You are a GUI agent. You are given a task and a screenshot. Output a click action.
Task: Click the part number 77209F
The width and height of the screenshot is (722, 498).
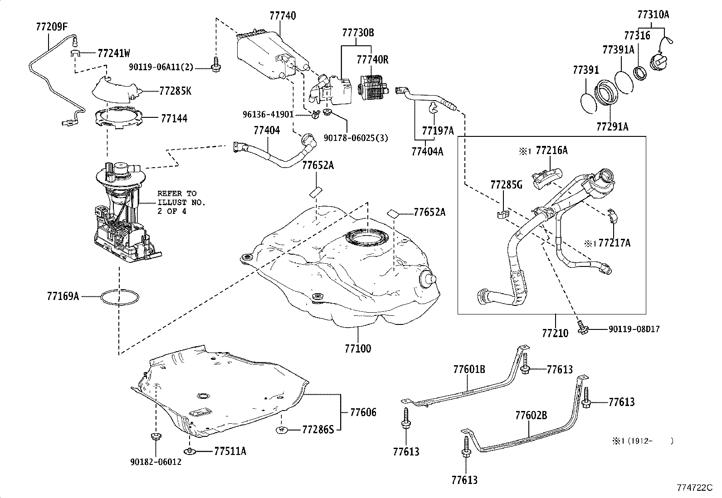(51, 26)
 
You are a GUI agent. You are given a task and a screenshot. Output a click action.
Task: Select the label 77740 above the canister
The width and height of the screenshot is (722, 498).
(282, 16)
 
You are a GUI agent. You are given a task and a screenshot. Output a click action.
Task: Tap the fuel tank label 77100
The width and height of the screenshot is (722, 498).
(357, 348)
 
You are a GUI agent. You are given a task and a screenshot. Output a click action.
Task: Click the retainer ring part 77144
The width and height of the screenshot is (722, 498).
(118, 119)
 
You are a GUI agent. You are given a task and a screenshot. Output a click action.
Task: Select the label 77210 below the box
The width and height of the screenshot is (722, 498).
(555, 333)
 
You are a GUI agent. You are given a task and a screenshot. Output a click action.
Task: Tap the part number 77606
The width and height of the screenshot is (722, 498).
(363, 412)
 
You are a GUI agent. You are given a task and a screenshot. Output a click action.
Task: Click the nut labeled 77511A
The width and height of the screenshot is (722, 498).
(189, 451)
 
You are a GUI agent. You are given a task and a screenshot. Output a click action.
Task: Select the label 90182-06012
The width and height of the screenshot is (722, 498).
(156, 463)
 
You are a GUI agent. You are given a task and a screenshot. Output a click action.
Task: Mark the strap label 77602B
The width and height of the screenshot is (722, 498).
(531, 415)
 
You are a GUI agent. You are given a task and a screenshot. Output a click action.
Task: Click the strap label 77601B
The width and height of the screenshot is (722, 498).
(469, 369)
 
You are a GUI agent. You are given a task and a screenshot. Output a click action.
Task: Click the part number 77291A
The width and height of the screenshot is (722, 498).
(612, 126)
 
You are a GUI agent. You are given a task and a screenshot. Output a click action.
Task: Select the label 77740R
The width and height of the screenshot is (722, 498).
(372, 59)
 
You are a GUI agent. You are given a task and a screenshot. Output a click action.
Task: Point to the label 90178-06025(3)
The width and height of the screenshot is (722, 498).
(356, 137)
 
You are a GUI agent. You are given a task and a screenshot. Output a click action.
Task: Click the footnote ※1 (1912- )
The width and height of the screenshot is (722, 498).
(642, 440)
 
